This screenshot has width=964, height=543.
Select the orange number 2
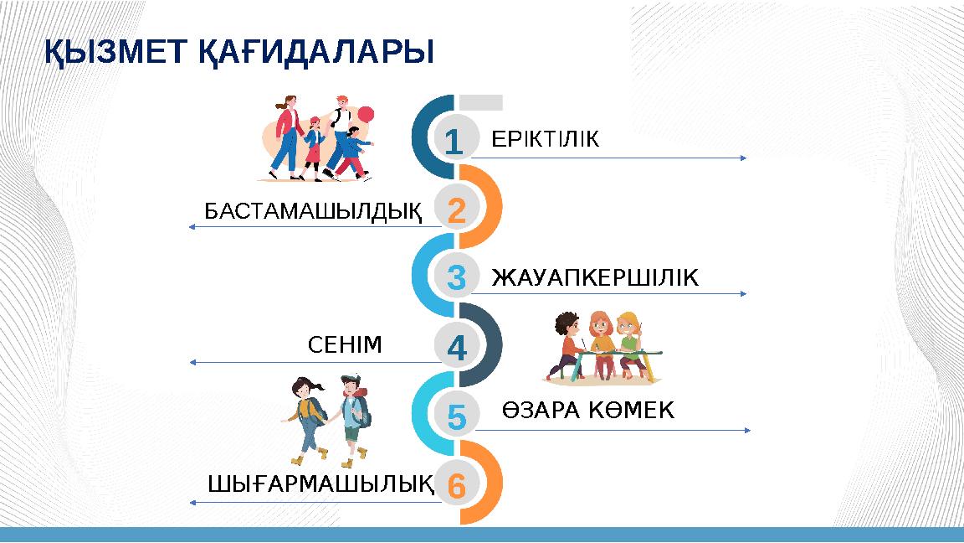456,210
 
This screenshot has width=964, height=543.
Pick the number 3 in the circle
456,278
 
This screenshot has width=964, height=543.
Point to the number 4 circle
456,346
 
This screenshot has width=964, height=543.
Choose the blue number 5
456,416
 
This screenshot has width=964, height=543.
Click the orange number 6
456,485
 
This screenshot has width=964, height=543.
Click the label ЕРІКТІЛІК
545,139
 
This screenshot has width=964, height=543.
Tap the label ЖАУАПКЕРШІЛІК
594,277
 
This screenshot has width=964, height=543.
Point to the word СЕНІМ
345,344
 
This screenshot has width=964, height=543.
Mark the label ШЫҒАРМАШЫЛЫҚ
320,484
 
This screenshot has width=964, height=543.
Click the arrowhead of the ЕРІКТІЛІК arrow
744,158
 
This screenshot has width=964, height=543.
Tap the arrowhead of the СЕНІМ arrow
193,363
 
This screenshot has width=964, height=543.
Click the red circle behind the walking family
365,115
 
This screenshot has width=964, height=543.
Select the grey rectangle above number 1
480,102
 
